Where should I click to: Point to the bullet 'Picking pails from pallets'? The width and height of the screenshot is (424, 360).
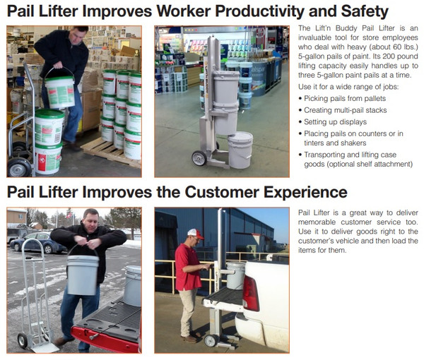tap(343, 99)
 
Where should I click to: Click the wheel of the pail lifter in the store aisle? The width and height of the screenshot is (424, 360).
tap(199, 157)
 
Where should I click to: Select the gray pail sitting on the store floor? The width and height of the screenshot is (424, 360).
tap(240, 150)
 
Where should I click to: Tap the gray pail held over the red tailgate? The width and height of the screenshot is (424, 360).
tap(83, 274)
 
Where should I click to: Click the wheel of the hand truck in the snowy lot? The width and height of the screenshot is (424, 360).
tap(23, 340)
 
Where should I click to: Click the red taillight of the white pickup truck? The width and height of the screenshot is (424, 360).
tap(251, 294)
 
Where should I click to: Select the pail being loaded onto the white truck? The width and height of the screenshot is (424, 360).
tap(235, 275)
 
